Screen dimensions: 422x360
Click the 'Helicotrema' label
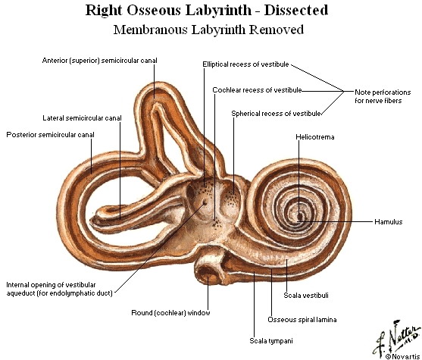tap(315, 137)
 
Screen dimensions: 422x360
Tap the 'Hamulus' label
tap(389, 222)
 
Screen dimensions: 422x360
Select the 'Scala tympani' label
tap(271, 341)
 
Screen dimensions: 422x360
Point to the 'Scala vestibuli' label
tap(306, 296)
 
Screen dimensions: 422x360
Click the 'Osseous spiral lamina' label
tap(302, 320)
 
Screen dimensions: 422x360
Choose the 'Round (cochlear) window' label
tap(170, 313)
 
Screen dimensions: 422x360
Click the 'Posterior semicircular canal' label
tap(50, 135)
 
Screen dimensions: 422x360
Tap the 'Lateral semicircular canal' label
tap(82, 118)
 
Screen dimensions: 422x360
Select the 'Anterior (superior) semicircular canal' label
tap(99, 61)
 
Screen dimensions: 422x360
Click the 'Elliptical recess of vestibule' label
tap(245, 64)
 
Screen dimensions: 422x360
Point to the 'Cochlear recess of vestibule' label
tap(257, 90)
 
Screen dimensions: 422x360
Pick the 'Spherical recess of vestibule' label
tap(276, 114)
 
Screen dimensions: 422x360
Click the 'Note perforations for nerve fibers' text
tap(383, 96)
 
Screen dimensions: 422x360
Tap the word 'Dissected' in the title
tap(296, 11)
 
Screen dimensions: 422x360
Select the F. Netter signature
tap(395, 337)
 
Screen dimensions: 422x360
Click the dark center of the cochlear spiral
tap(299, 216)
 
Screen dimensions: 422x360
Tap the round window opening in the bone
tap(208, 272)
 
